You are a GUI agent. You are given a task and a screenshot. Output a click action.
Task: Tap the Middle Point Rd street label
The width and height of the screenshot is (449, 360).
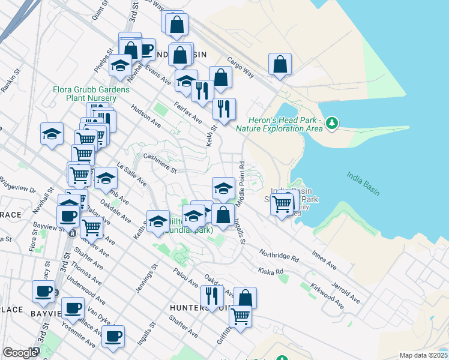[x=241, y=185]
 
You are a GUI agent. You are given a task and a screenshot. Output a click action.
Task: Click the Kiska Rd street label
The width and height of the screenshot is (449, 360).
[x=271, y=271]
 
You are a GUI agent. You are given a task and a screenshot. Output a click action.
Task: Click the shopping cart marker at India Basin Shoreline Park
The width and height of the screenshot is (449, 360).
[x=282, y=204]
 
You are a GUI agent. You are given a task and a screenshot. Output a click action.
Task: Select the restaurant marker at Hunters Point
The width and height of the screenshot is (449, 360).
[x=212, y=296]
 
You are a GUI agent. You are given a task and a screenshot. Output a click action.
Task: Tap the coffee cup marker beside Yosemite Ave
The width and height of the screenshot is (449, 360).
[x=113, y=335]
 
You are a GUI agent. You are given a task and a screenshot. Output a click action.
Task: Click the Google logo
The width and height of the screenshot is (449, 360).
[x=20, y=353]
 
